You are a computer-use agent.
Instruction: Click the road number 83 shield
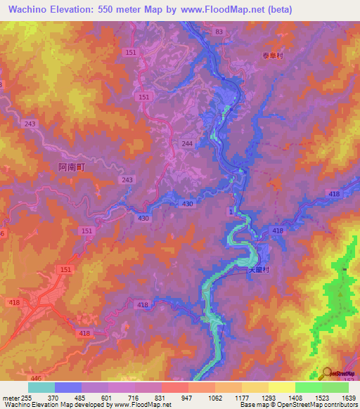tap(219, 32)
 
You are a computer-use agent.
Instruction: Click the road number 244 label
tap(187, 143)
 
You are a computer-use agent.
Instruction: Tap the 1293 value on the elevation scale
tap(268, 397)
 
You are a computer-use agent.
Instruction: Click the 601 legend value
tap(108, 397)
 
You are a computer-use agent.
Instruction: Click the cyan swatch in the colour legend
tap(41, 387)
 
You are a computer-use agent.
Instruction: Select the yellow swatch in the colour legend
tap(281, 387)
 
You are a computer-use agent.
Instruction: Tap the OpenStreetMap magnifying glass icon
tap(326, 372)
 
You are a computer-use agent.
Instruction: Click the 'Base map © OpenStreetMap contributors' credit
tap(300, 405)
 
